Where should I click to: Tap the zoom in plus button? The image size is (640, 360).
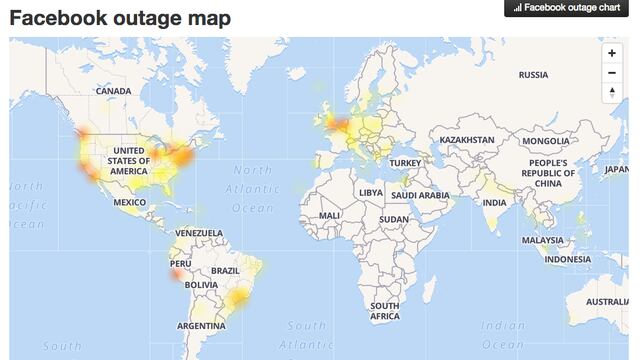pyautogui.click(x=611, y=53)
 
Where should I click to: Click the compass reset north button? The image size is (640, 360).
pyautogui.click(x=611, y=93)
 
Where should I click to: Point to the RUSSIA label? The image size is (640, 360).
pyautogui.click(x=533, y=75)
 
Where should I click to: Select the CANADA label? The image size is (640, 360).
pyautogui.click(x=113, y=91)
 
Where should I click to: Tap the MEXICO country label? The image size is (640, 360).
pyautogui.click(x=130, y=202)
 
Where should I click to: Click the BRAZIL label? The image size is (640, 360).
pyautogui.click(x=226, y=271)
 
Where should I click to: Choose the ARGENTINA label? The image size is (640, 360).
pyautogui.click(x=201, y=326)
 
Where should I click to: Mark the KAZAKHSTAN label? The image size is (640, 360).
pyautogui.click(x=467, y=140)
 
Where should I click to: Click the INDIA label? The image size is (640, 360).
pyautogui.click(x=494, y=202)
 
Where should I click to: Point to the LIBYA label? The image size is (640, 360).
pyautogui.click(x=371, y=192)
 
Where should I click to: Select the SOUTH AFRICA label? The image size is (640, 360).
pyautogui.click(x=385, y=311)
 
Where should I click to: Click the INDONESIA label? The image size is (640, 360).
pyautogui.click(x=568, y=260)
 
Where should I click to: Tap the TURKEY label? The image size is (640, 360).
pyautogui.click(x=406, y=163)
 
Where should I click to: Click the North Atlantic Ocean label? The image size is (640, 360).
pyautogui.click(x=253, y=189)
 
